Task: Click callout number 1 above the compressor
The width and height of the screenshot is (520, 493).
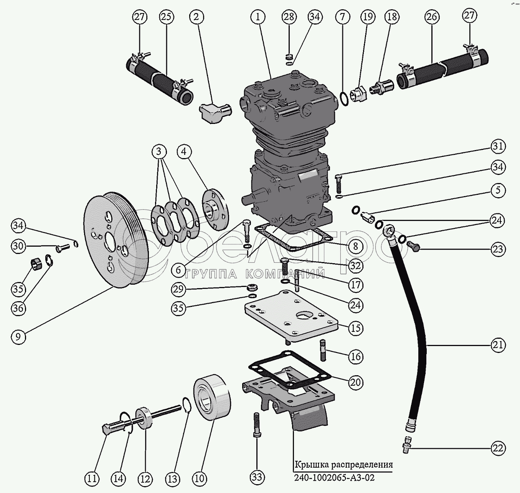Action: click(258, 17)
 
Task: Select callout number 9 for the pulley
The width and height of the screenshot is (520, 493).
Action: click(18, 336)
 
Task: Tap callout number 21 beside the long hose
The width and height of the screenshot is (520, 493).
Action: click(498, 345)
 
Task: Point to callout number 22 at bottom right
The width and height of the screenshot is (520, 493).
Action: click(498, 448)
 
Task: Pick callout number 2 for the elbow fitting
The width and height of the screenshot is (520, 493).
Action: click(196, 17)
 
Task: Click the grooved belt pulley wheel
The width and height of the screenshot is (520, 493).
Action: click(115, 240)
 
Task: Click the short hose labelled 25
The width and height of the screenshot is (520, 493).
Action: click(159, 80)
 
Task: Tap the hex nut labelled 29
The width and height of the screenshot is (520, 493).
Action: click(252, 287)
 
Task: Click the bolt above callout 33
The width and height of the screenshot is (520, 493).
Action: click(257, 424)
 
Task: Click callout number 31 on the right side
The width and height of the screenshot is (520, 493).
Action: click(498, 146)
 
